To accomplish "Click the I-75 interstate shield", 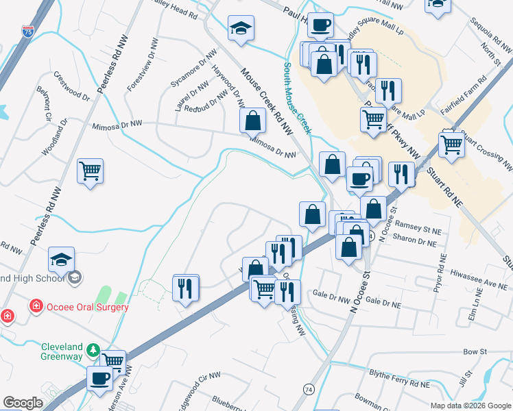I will click(27, 32).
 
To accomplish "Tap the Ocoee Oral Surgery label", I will click(87, 307).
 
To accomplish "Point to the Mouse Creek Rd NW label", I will click(267, 101).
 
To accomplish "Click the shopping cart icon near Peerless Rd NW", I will click(91, 171).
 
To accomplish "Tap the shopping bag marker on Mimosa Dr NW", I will click(253, 121).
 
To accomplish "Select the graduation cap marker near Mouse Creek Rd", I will click(241, 28).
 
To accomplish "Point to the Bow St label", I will click(474, 351).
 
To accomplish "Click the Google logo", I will click(23, 403).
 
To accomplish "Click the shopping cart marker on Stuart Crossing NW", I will click(451, 145).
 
